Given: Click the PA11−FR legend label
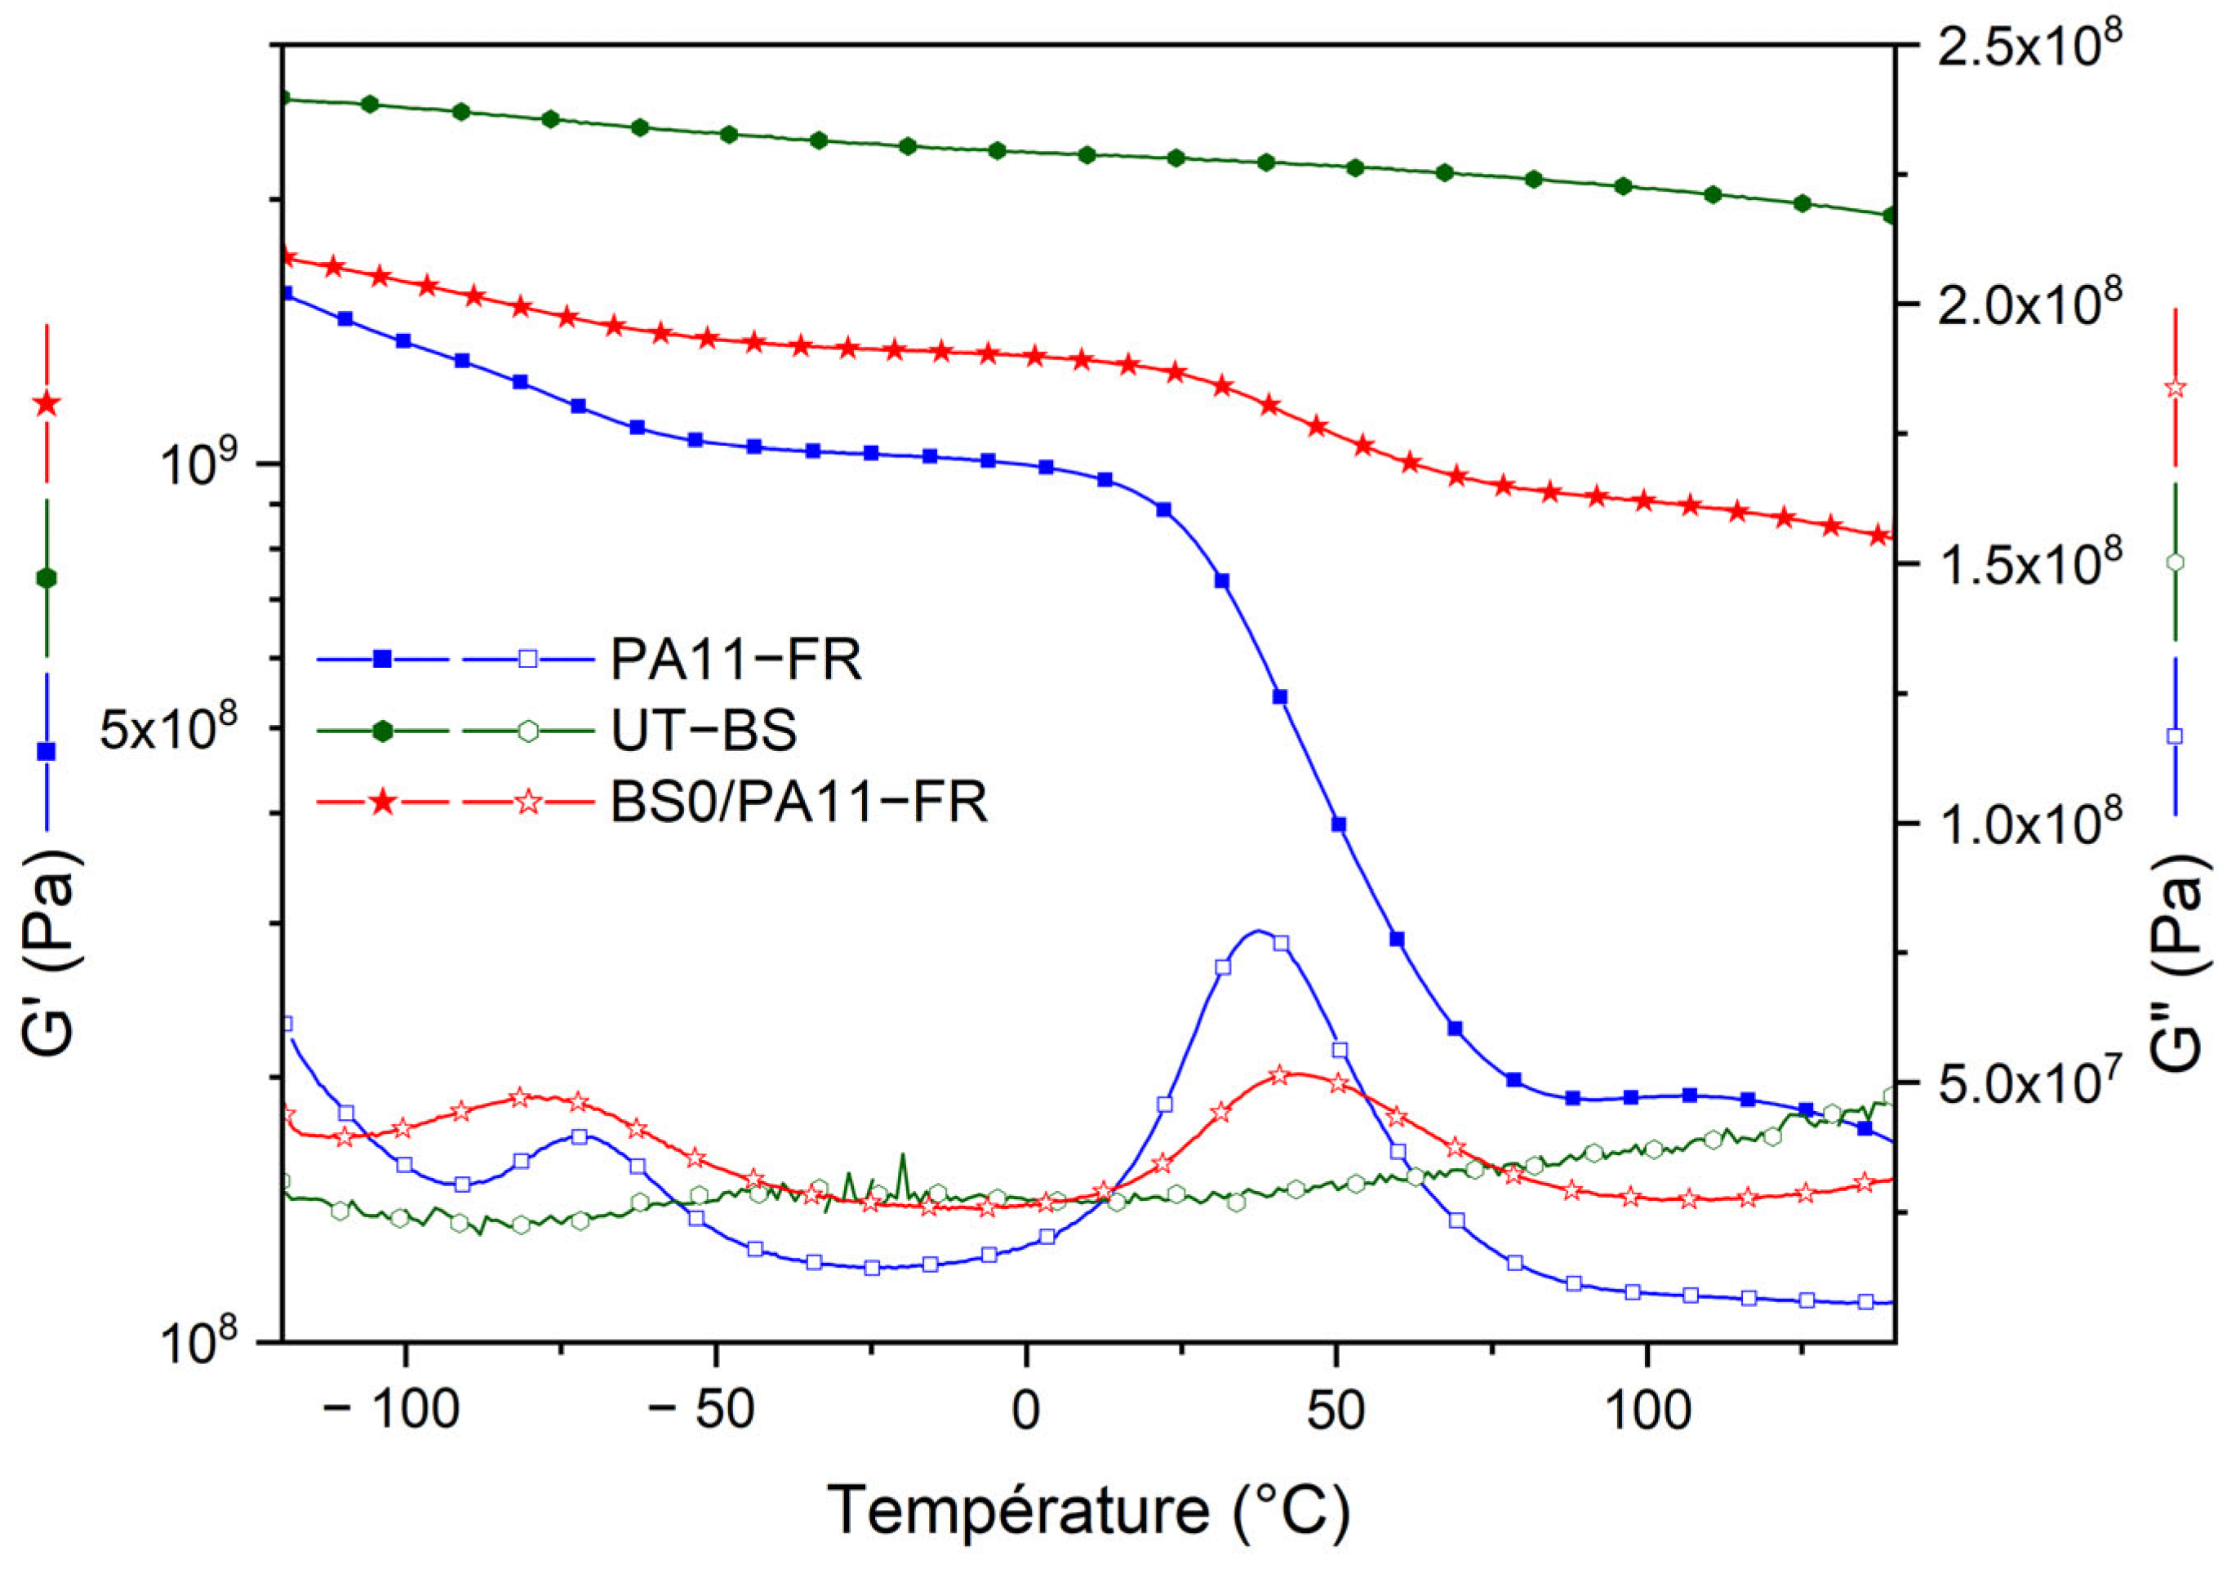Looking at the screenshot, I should point(736,660).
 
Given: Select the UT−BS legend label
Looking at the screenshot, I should point(704,731).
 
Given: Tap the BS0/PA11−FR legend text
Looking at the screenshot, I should point(798,802).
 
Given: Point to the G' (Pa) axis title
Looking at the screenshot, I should point(51,952).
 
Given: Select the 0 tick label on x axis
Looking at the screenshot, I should point(1026,1411).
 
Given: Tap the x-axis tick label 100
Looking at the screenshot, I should point(1647,1411).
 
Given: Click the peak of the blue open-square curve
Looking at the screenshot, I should point(1258,931).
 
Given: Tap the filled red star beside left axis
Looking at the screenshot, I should point(47,404).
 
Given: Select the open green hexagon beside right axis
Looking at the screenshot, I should point(2176,562).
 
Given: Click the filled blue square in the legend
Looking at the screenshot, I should point(383,659).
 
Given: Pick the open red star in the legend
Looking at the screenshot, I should point(527,802).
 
